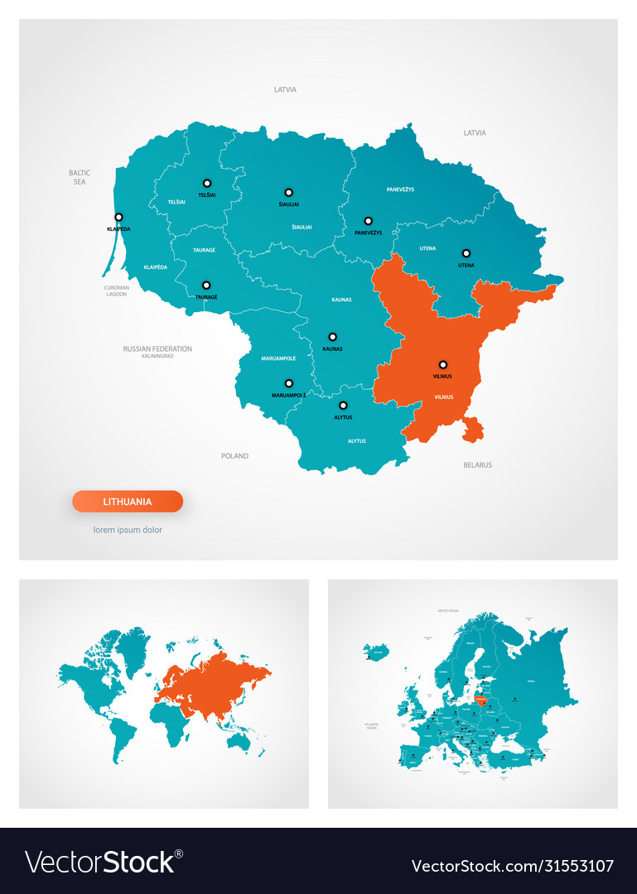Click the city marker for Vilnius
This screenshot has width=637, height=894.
click(443, 364)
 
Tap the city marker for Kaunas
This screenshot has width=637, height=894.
click(332, 337)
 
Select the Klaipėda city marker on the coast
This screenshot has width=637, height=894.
click(118, 217)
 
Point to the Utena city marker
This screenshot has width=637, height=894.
click(466, 253)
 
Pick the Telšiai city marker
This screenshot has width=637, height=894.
click(207, 183)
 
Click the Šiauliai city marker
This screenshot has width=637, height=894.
click(288, 192)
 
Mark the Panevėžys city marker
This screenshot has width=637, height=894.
click(368, 221)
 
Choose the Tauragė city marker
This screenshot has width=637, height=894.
click(206, 285)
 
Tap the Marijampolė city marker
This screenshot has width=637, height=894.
click(288, 383)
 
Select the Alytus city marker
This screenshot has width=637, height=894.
click(343, 406)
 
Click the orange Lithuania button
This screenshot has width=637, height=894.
click(128, 502)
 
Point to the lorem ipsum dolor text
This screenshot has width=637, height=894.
click(128, 530)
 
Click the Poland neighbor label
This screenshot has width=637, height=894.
click(234, 456)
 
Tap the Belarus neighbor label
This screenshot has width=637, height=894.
click(477, 465)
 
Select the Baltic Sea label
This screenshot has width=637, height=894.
click(80, 176)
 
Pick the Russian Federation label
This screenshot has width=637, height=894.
click(157, 349)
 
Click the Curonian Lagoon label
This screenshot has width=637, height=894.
click(116, 291)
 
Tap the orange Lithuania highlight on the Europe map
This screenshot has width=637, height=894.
click(480, 698)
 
